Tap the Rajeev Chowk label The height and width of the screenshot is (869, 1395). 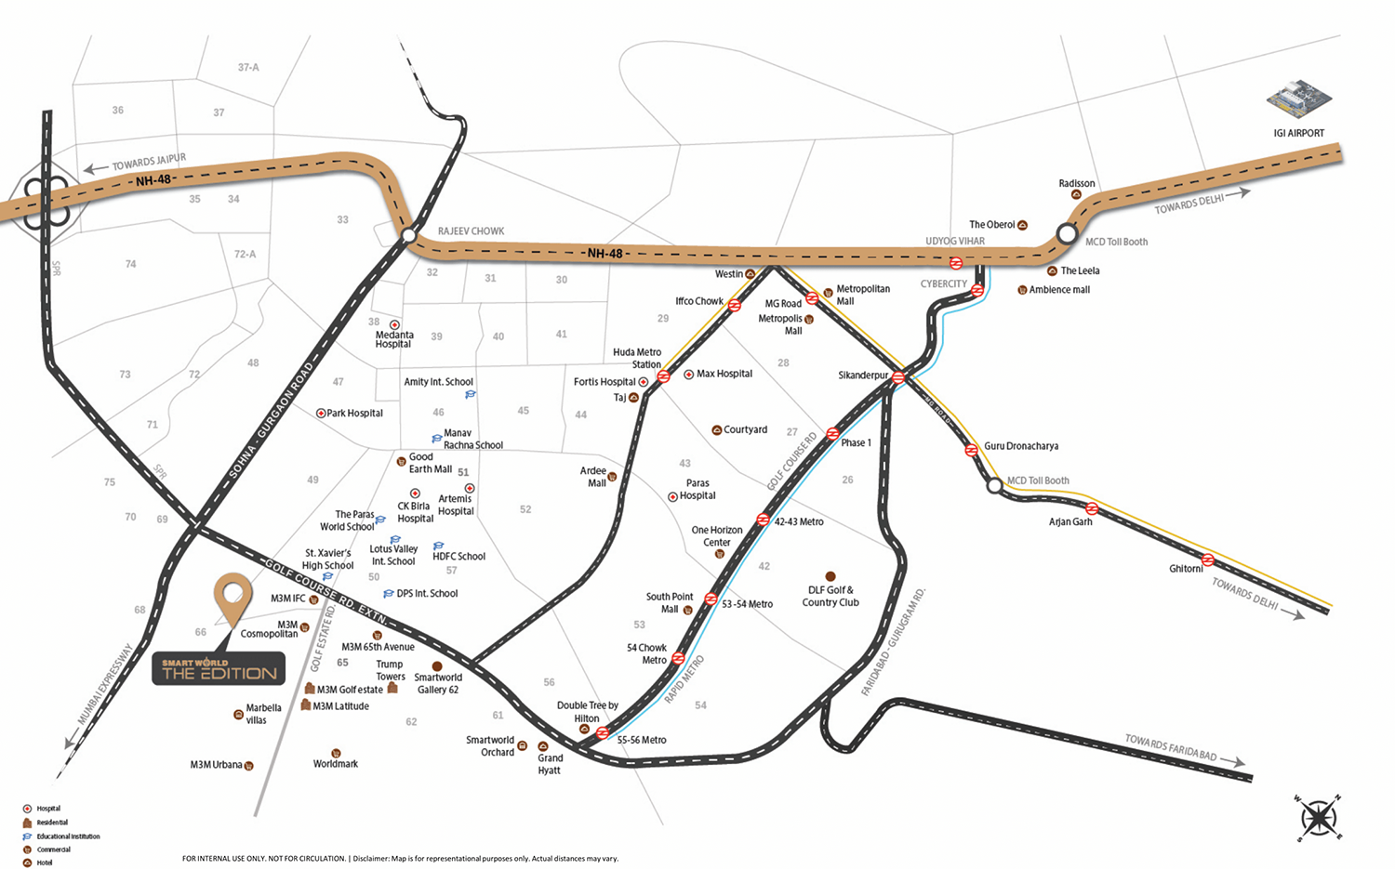(x=471, y=231)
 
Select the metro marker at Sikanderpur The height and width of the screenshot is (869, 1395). (x=898, y=377)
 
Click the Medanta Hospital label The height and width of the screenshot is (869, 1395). (x=394, y=339)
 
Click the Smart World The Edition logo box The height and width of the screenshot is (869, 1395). (x=219, y=669)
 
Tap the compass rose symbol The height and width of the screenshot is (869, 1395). (x=1318, y=818)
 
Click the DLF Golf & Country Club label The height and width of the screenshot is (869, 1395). (x=830, y=596)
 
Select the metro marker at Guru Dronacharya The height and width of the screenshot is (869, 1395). (x=971, y=450)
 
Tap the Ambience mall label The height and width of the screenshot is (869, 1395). (x=1059, y=290)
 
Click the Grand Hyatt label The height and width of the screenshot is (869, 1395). (x=550, y=764)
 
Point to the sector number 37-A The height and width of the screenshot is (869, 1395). (x=248, y=68)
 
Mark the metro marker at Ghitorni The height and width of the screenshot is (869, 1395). (x=1207, y=560)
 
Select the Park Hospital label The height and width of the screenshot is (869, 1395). (x=354, y=413)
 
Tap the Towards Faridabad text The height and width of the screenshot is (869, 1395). (x=1171, y=747)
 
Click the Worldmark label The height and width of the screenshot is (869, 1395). (x=335, y=764)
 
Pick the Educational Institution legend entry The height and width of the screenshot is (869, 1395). (x=68, y=836)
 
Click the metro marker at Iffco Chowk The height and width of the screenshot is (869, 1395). (x=734, y=305)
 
